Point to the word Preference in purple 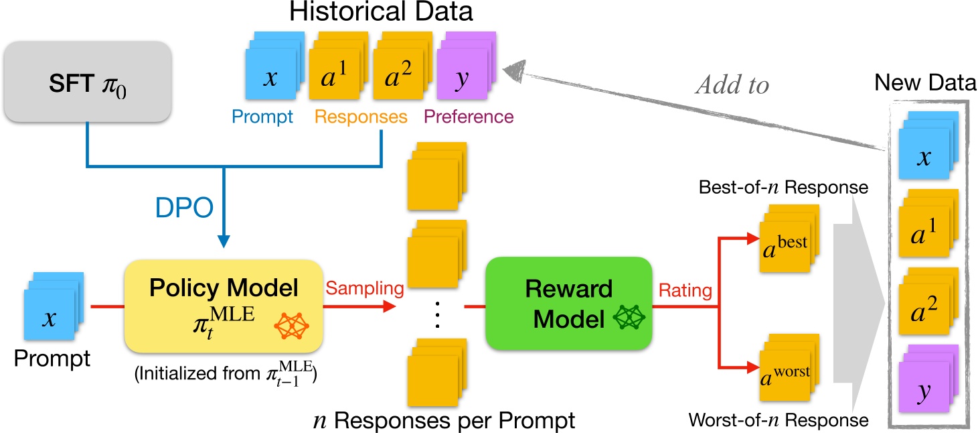tap(469, 117)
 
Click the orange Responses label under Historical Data tap(361, 117)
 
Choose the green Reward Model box tap(569, 302)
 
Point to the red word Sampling tap(365, 288)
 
